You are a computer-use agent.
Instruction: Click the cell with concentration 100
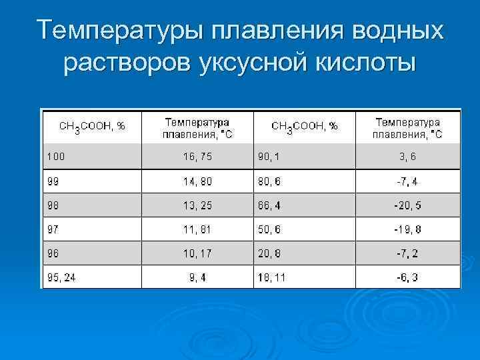click(x=56, y=157)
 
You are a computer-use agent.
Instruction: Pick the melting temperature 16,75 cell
click(x=197, y=157)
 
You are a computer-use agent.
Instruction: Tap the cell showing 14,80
click(x=197, y=181)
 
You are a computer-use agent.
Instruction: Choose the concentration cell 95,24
click(x=61, y=277)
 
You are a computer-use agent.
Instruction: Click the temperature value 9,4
click(x=197, y=277)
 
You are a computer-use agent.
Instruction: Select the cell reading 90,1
click(x=270, y=157)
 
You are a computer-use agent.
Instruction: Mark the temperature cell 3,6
click(x=407, y=157)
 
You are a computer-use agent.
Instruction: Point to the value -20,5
click(x=407, y=205)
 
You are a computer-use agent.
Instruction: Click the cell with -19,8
click(x=407, y=229)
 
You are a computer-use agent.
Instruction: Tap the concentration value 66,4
click(x=270, y=205)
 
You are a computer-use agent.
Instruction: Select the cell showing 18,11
click(x=273, y=277)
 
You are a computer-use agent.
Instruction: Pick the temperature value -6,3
click(x=407, y=277)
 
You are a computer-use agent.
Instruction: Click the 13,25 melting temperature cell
click(x=197, y=205)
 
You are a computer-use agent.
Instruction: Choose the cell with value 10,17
click(x=197, y=253)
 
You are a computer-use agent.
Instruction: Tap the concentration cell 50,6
click(x=270, y=229)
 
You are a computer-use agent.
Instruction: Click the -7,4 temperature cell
click(x=407, y=181)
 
